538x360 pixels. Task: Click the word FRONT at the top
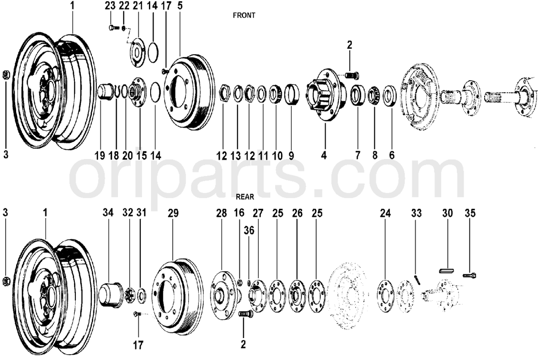click(x=244, y=15)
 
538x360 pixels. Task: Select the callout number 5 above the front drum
click(x=180, y=6)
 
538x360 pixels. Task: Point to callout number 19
click(x=100, y=156)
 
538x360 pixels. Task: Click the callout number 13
click(x=236, y=156)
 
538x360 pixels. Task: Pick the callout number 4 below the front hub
click(x=324, y=156)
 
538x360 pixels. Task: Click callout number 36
click(x=249, y=230)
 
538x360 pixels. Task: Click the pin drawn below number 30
click(x=447, y=270)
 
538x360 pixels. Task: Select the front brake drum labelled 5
click(x=186, y=92)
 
